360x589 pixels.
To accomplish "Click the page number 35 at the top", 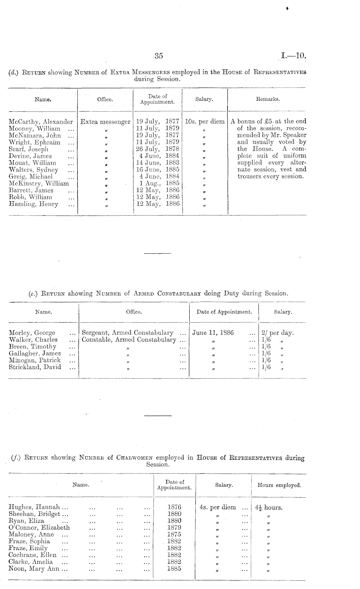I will pyautogui.click(x=159, y=56).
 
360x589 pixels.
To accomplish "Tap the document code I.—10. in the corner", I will pyautogui.click(x=293, y=56).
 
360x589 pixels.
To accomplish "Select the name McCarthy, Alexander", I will pyautogui.click(x=41, y=122).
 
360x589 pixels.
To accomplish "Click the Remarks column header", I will pyautogui.click(x=268, y=99).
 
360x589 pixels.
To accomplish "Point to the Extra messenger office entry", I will pyautogui.click(x=105, y=122).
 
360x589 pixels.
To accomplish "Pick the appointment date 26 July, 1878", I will pyautogui.click(x=158, y=149).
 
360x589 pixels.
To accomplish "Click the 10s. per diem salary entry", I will pyautogui.click(x=205, y=122).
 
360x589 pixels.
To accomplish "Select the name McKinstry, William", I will pyautogui.click(x=39, y=183).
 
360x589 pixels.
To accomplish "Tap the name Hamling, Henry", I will pyautogui.click(x=34, y=204).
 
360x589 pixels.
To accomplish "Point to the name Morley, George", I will pyautogui.click(x=32, y=333).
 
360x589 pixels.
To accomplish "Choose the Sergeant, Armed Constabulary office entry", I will pyautogui.click(x=128, y=333).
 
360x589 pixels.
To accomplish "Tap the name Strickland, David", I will pyautogui.click(x=35, y=367).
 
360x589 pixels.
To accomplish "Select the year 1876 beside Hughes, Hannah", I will pyautogui.click(x=174, y=507).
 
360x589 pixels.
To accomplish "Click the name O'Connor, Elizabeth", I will pyautogui.click(x=39, y=527).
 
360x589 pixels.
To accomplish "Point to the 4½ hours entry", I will pyautogui.click(x=269, y=507).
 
